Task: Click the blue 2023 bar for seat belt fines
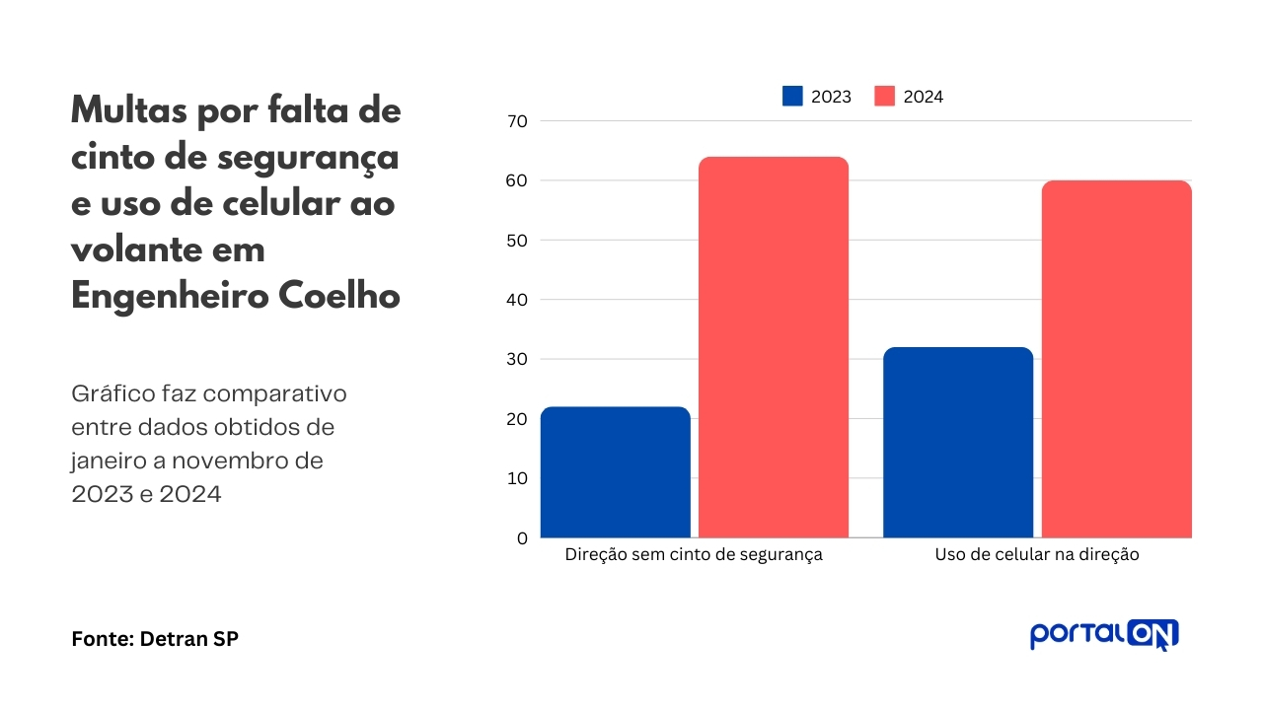point(615,472)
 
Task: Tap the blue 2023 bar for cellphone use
point(958,443)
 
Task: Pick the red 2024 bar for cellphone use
point(1116,359)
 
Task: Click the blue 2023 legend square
point(792,97)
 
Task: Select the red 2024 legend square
point(884,97)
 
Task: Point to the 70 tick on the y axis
point(517,121)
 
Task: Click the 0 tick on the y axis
point(522,538)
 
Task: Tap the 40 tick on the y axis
point(517,300)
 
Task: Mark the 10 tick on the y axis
point(517,479)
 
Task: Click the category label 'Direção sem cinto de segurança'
point(694,555)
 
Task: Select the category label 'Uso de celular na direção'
point(1037,555)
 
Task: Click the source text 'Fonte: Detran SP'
point(155,639)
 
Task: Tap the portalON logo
point(1104,634)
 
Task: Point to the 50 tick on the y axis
point(517,241)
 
